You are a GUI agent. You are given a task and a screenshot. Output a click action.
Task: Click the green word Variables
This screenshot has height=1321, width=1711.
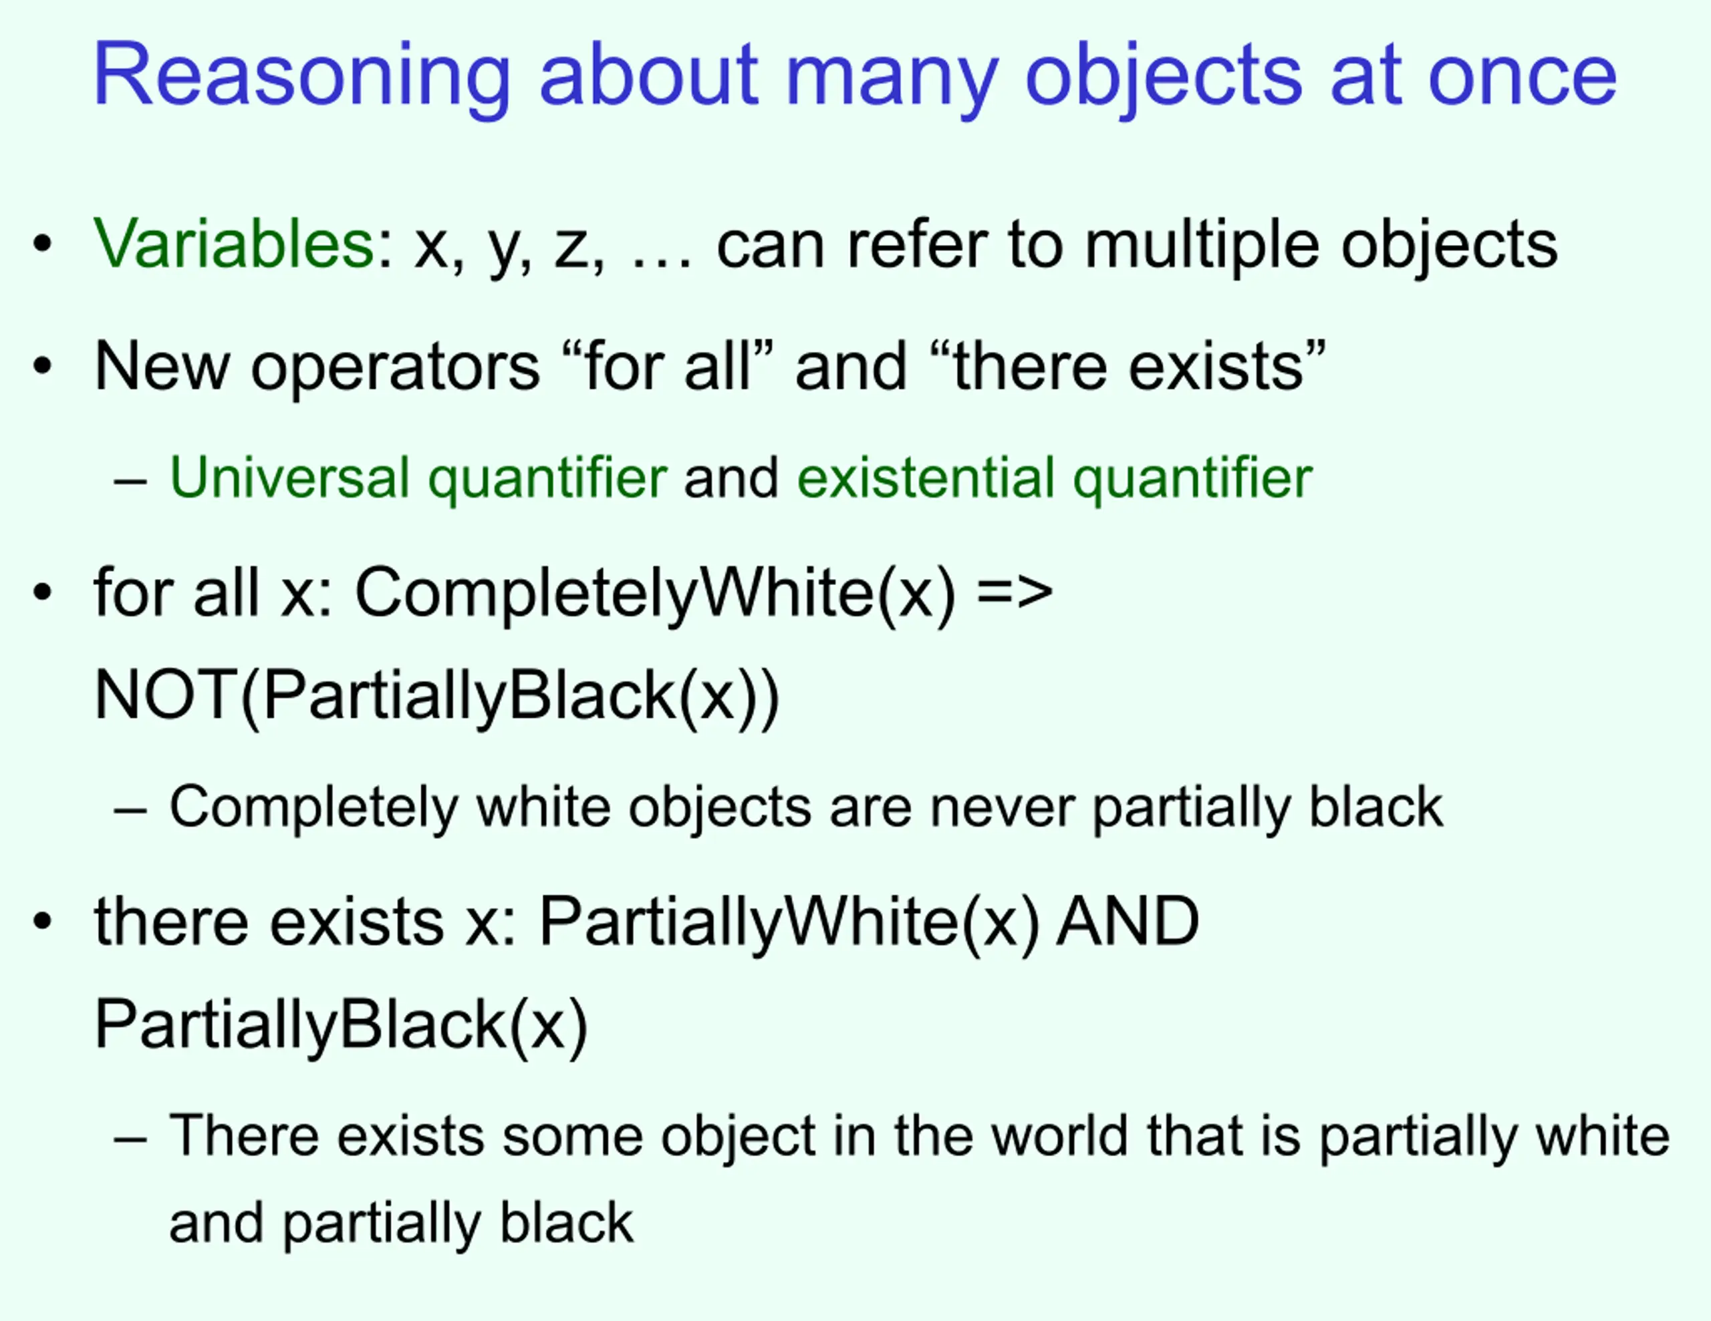[x=233, y=244]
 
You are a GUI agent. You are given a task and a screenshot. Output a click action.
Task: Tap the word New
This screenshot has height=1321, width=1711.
[x=161, y=366]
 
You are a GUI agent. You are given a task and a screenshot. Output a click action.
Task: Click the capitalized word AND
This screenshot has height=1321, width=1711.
[x=1128, y=921]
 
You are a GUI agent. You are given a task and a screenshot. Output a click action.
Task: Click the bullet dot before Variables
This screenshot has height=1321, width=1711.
[x=42, y=244]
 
